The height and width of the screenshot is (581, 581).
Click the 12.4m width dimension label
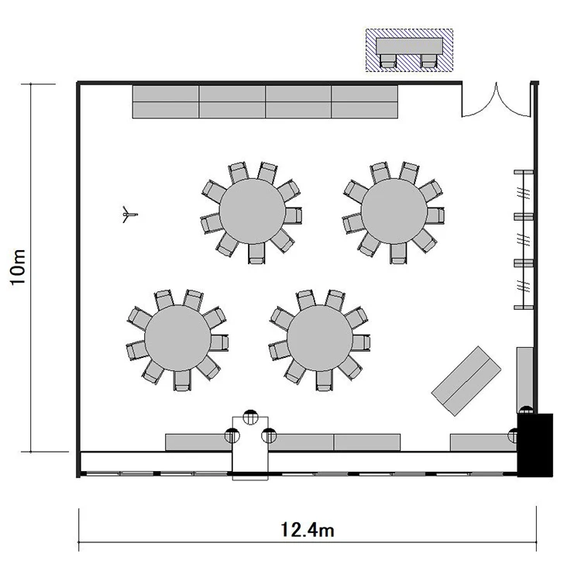click(x=308, y=530)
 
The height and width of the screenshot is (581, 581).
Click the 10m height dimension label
click(x=18, y=266)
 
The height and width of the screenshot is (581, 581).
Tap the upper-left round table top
click(x=252, y=211)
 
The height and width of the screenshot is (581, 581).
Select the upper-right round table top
click(x=394, y=211)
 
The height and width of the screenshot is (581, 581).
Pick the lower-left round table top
click(x=177, y=338)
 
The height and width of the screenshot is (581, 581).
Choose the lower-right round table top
click(x=320, y=338)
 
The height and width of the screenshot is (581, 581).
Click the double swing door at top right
click(x=497, y=100)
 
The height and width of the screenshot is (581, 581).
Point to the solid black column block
click(x=535, y=445)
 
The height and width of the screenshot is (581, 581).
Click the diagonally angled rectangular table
click(x=466, y=381)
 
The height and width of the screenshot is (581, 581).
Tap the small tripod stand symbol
click(x=129, y=214)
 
